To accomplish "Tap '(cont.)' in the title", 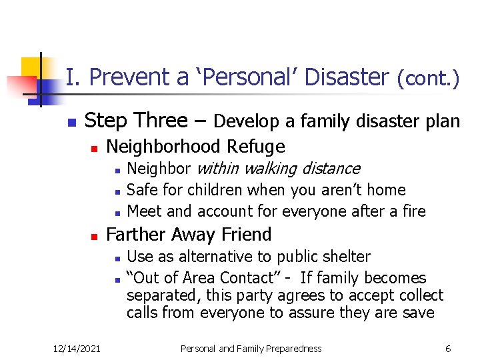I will (428, 79).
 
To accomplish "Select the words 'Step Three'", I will (137, 121).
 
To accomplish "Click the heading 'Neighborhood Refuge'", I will (195, 146).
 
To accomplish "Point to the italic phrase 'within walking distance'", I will (278, 169).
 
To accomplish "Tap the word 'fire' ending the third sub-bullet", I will (413, 211).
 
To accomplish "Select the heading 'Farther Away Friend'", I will (189, 235).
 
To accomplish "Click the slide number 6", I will (448, 348).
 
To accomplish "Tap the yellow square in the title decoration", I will (31, 67).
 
